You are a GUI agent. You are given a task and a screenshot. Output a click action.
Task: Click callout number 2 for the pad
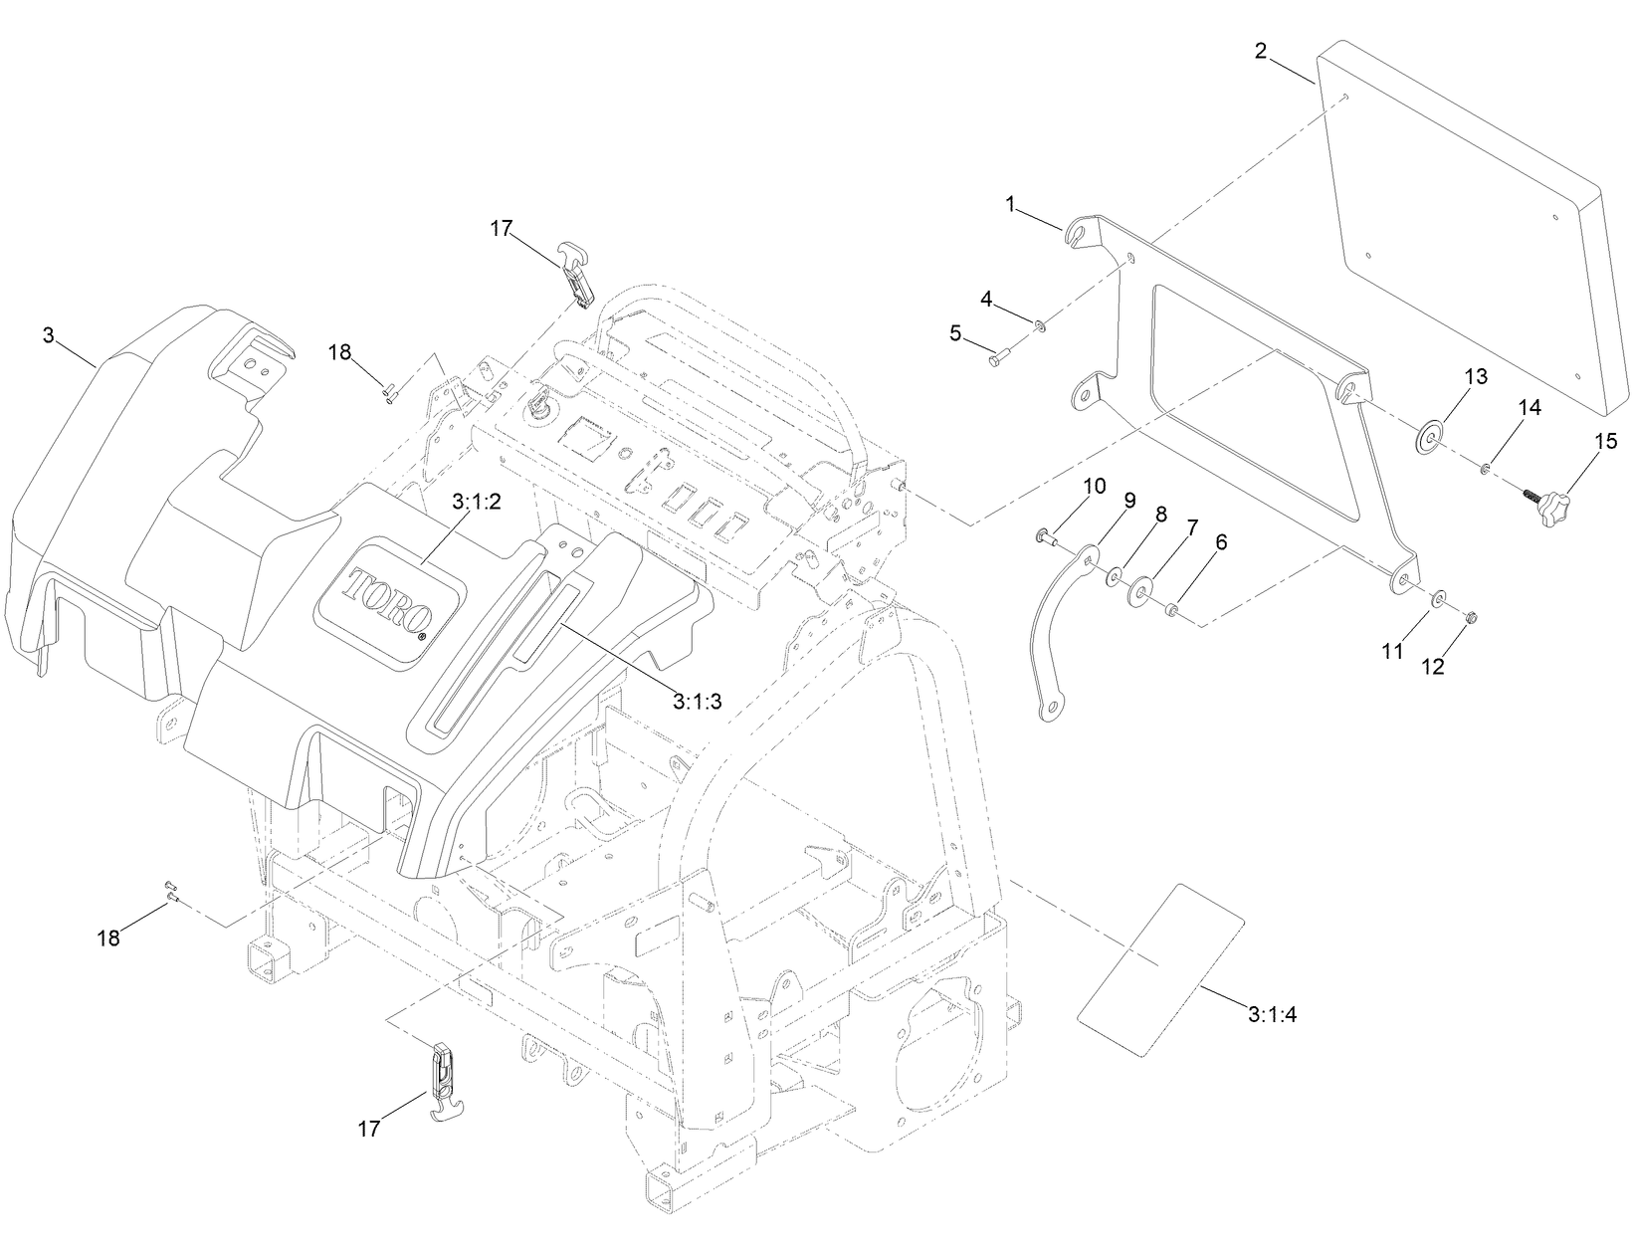(x=1260, y=51)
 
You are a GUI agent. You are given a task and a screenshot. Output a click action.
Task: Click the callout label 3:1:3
(x=697, y=701)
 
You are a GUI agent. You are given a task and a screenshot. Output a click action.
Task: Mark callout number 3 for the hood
(x=48, y=335)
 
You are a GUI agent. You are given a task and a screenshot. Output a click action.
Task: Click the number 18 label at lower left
(x=107, y=938)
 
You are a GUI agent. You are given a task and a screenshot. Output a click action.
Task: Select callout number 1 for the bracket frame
(x=1010, y=205)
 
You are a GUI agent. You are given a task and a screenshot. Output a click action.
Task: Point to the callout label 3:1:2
(x=476, y=503)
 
